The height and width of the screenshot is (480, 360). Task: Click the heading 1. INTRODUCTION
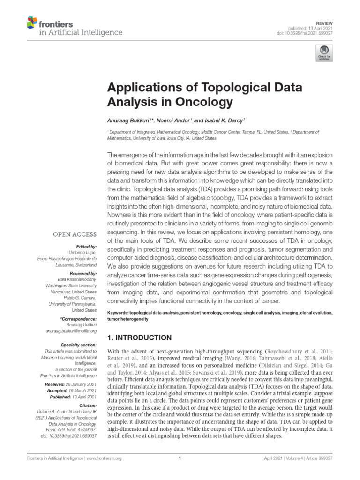[140, 337]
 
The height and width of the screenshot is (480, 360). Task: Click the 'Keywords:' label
[119, 313]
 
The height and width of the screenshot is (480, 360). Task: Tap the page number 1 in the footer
[180, 458]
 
